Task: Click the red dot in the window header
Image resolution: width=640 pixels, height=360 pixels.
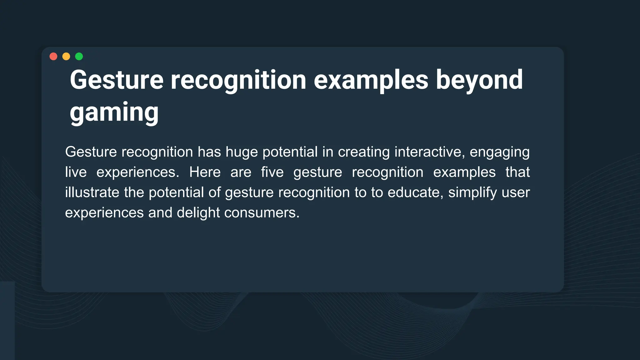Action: pyautogui.click(x=53, y=56)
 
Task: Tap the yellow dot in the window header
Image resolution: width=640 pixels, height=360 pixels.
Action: pyautogui.click(x=66, y=56)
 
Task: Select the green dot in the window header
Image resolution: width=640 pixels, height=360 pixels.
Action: pyautogui.click(x=79, y=56)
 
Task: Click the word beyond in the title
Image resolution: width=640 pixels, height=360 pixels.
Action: pyautogui.click(x=479, y=80)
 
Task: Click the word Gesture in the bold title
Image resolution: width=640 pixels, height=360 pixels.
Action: pyautogui.click(x=117, y=80)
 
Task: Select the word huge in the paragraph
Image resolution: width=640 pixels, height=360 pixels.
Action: pyautogui.click(x=242, y=152)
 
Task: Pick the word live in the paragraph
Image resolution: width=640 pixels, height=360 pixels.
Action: pyautogui.click(x=76, y=172)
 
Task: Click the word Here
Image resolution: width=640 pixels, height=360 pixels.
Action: pyautogui.click(x=205, y=172)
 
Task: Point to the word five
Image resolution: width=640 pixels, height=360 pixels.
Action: pyautogui.click(x=272, y=172)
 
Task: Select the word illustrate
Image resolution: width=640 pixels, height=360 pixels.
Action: pyautogui.click(x=92, y=192)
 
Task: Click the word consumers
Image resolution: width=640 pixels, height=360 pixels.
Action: pyautogui.click(x=262, y=213)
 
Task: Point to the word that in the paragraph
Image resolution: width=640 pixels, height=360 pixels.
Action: pyautogui.click(x=517, y=172)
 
